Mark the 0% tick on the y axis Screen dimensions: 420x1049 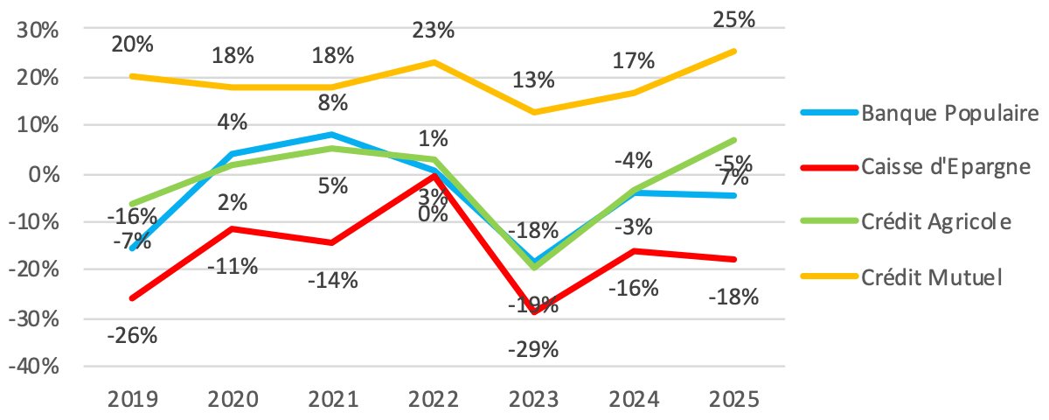click(44, 174)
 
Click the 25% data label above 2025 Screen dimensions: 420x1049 click(735, 19)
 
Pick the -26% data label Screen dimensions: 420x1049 click(133, 334)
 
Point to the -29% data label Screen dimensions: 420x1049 click(533, 350)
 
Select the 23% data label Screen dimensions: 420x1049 click(434, 31)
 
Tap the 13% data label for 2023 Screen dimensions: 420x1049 click(533, 80)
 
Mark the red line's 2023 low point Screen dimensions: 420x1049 click(534, 312)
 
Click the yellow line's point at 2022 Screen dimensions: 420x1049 click(434, 62)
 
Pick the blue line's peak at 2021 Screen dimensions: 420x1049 click(333, 135)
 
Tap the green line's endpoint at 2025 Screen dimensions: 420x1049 click(735, 140)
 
